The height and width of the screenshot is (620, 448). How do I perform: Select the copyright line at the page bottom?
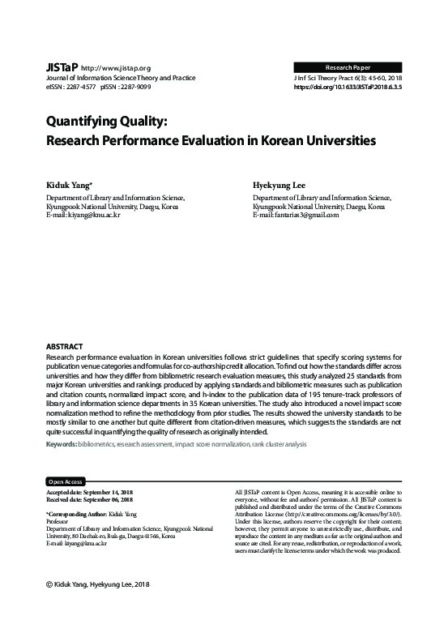point(100,584)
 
